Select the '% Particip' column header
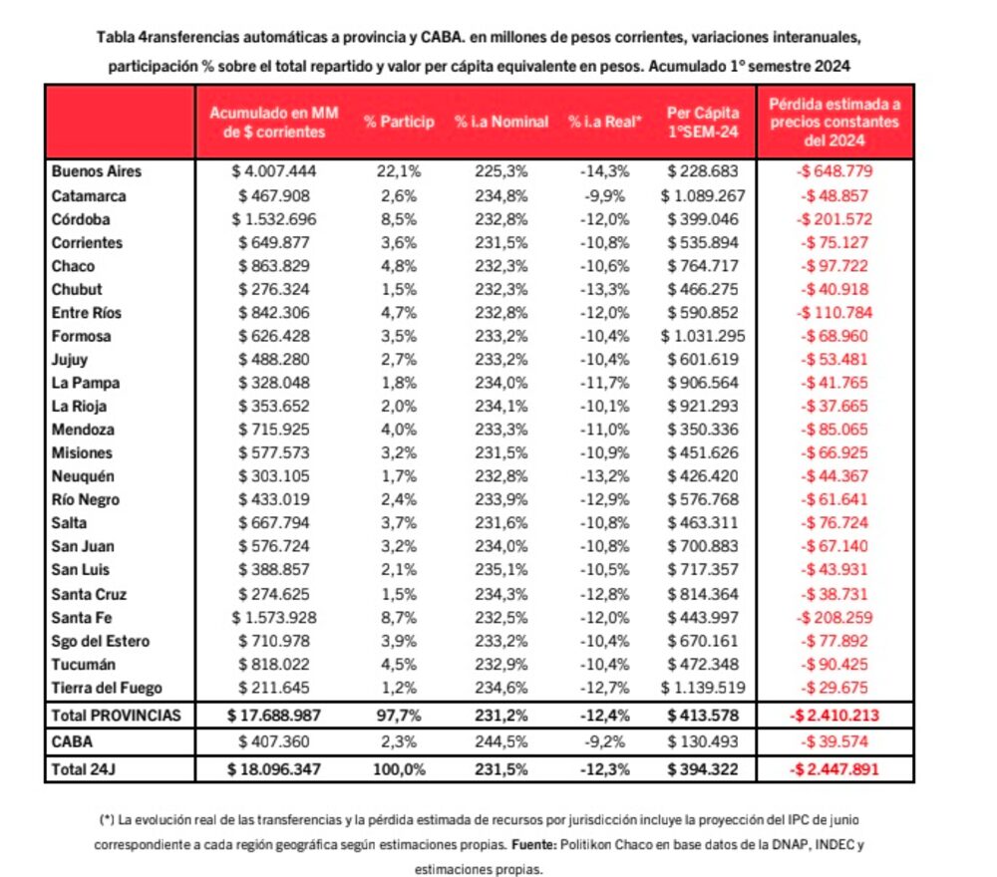click(399, 122)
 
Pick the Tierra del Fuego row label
click(107, 687)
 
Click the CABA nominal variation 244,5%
click(501, 741)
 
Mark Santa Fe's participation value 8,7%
click(399, 617)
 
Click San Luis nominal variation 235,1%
click(501, 570)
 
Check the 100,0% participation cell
click(399, 768)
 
